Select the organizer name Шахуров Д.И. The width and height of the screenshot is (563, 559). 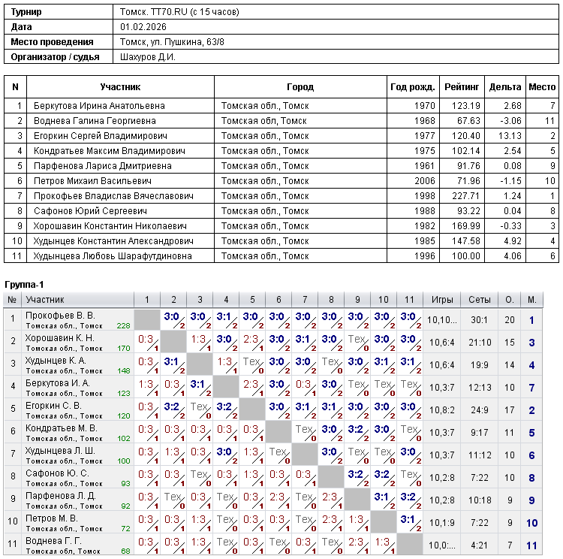148,57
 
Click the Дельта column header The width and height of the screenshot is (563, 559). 505,87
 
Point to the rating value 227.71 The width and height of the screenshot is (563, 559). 465,196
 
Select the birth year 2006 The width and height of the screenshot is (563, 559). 424,181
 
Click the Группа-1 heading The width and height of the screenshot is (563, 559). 25,285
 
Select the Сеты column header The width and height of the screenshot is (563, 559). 480,300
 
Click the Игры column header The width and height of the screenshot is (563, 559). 442,300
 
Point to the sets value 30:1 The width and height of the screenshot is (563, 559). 480,320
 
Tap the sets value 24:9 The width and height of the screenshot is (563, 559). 480,410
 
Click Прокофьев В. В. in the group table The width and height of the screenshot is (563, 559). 60,316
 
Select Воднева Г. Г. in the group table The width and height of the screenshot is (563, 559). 53,541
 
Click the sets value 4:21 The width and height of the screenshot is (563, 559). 480,545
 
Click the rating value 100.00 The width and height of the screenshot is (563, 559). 465,256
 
